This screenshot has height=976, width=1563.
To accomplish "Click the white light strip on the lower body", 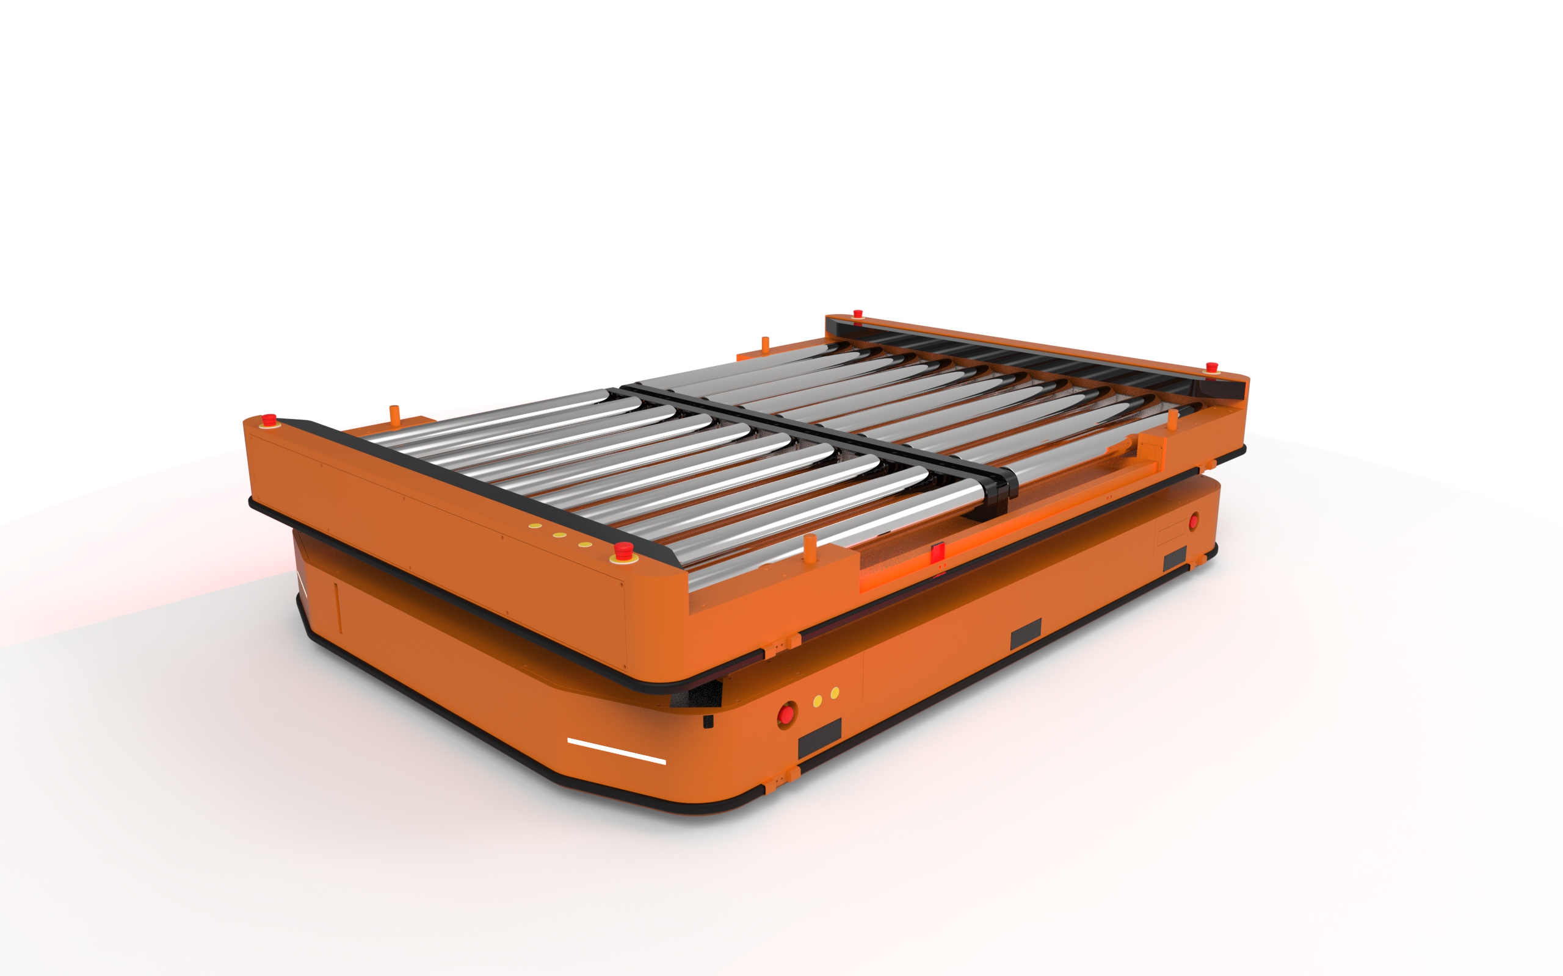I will tap(616, 751).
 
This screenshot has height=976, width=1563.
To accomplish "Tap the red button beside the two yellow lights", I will tap(786, 713).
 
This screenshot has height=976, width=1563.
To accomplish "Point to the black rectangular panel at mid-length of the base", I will tap(1026, 633).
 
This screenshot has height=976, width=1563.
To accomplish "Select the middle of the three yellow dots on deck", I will tap(560, 535).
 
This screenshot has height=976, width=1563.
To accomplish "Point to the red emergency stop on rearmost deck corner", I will tap(858, 314).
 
